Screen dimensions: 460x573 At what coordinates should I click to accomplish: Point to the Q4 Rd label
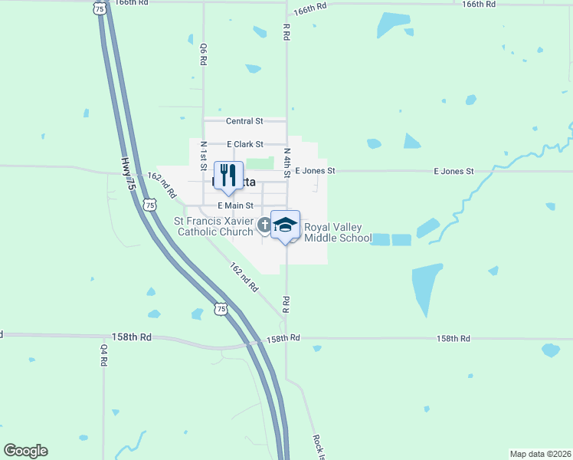pos(104,354)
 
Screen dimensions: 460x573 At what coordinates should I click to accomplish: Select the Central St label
pos(244,121)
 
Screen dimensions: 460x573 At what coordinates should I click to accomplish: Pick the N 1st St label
pos(204,156)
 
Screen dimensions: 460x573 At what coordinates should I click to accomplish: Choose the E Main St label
pos(235,205)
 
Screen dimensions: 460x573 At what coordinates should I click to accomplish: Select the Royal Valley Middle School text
pos(338,232)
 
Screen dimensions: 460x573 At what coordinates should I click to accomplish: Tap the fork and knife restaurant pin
pos(228,176)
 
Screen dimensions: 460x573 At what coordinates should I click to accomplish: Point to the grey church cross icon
pos(264,225)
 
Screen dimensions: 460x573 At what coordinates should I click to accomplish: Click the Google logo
pos(25,451)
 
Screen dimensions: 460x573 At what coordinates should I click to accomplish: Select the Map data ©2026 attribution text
pos(540,454)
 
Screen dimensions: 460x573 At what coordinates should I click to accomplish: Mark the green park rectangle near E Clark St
pos(261,163)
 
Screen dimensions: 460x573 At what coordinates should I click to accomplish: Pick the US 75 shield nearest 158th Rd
pos(221,309)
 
